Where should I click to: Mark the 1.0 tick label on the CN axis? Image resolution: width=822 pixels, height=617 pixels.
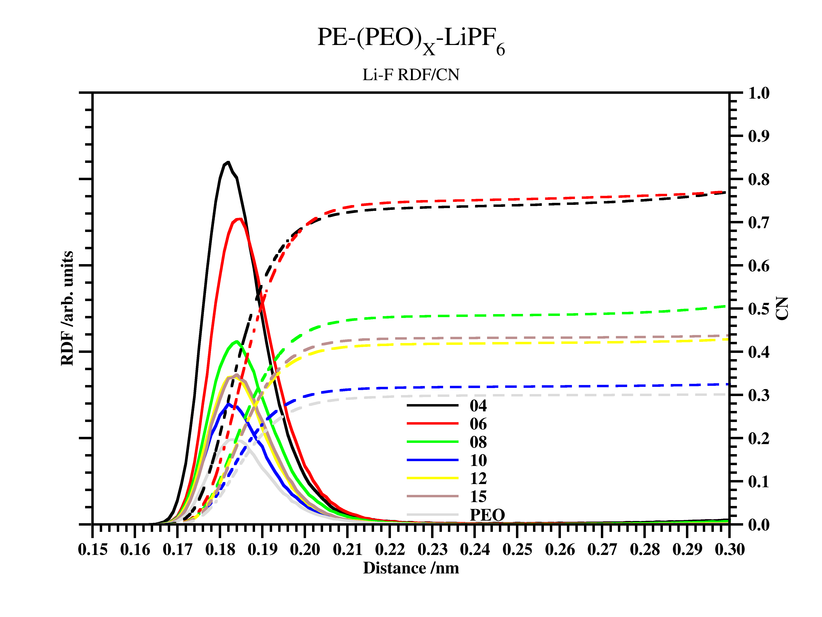pos(758,93)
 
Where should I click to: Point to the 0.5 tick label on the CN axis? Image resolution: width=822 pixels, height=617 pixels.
pos(758,309)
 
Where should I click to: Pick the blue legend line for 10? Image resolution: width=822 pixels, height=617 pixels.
pos(432,460)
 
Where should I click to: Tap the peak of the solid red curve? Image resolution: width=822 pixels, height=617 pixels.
pos(240,219)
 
